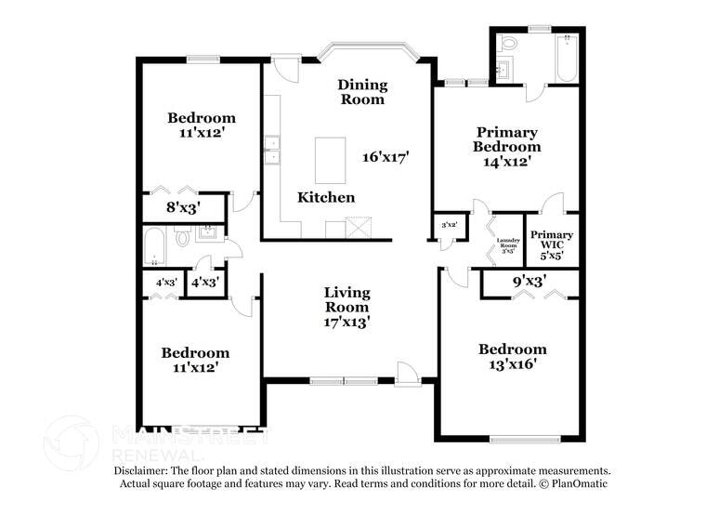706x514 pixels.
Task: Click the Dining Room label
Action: (x=361, y=92)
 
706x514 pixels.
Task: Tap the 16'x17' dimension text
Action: (x=386, y=157)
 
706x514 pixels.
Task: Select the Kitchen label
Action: (x=325, y=198)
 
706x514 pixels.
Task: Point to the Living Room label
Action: (x=346, y=308)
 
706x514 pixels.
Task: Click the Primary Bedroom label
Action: (x=506, y=147)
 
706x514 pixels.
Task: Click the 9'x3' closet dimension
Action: (x=529, y=279)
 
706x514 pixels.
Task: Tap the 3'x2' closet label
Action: (x=448, y=224)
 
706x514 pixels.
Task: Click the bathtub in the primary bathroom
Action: (x=566, y=59)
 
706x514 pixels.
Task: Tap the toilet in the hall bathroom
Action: (x=182, y=238)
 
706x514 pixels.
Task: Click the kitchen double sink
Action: (x=271, y=150)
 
